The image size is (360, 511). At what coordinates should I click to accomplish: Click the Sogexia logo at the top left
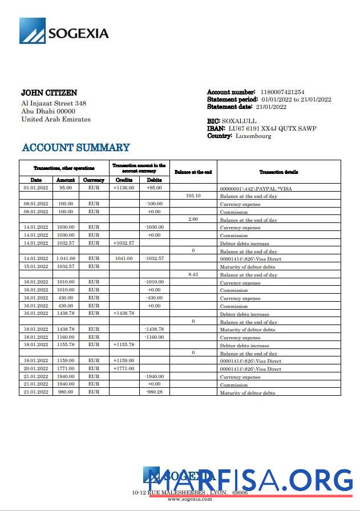(64, 31)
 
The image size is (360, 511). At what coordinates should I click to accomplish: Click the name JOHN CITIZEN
(49, 92)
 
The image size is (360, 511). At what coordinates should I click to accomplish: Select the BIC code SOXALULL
(239, 121)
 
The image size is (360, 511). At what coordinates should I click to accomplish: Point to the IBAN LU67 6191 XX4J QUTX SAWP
(272, 128)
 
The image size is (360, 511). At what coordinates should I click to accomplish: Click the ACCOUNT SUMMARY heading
(76, 148)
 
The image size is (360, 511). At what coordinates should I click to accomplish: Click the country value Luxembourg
(253, 136)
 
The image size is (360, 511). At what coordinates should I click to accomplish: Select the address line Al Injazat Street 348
(54, 103)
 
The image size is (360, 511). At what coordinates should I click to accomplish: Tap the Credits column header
(124, 180)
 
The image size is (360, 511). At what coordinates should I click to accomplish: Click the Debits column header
(154, 180)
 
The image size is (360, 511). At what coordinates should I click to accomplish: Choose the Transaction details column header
(278, 172)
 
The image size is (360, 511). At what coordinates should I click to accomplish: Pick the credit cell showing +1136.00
(124, 188)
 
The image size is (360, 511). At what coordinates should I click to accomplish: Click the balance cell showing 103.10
(193, 196)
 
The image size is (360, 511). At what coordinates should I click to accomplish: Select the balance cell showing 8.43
(193, 274)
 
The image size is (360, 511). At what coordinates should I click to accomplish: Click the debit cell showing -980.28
(154, 392)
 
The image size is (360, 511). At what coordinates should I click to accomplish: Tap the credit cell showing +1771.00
(124, 368)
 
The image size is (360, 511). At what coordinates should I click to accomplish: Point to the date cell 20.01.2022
(35, 368)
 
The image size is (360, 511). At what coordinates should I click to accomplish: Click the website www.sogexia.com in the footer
(189, 499)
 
